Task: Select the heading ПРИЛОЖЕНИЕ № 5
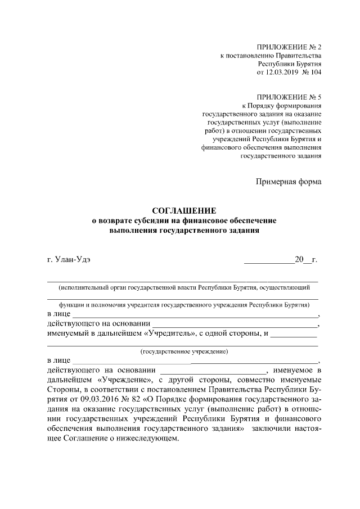tap(289, 97)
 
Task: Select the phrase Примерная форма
tap(289, 182)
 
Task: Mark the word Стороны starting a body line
tap(63, 389)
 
